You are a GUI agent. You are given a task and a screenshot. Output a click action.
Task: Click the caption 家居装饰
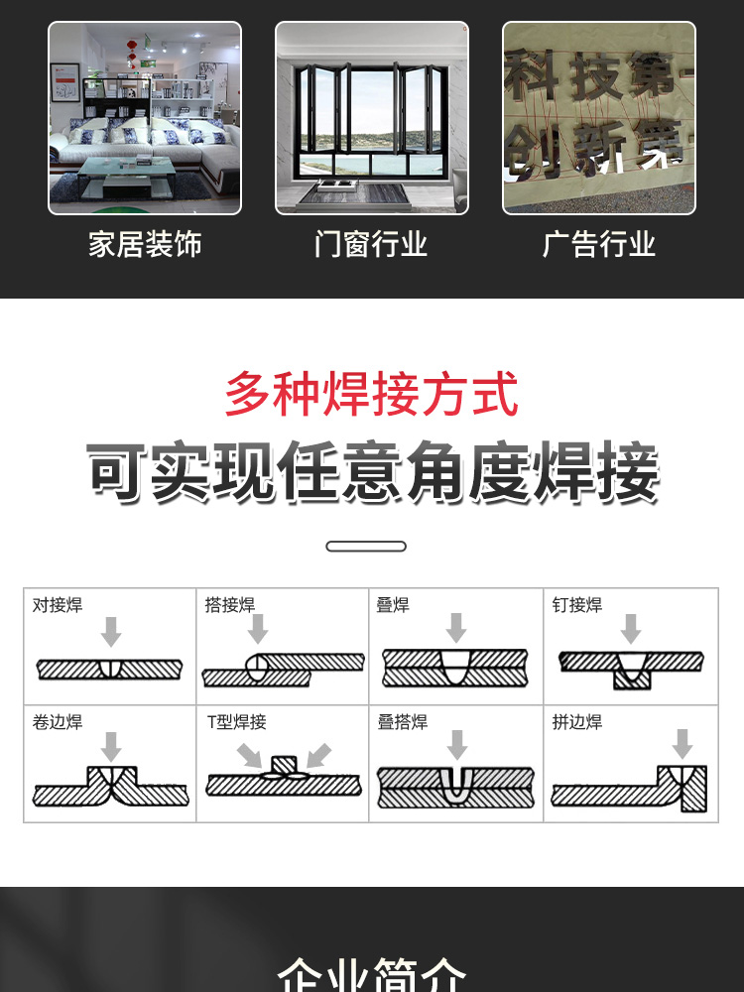(145, 244)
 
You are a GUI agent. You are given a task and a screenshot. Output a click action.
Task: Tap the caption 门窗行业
(371, 244)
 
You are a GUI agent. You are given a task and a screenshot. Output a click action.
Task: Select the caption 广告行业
(599, 244)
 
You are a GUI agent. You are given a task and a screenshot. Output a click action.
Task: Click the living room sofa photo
(145, 118)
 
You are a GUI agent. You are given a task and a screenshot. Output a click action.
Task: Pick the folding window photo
(372, 118)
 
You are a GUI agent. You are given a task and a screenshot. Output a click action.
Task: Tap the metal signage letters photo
(599, 118)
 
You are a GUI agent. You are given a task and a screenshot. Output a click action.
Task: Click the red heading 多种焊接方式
(371, 394)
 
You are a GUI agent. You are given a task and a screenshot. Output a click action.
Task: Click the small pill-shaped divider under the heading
(366, 547)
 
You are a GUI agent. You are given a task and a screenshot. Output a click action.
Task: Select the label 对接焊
(58, 605)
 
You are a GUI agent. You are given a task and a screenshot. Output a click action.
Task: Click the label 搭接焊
(230, 605)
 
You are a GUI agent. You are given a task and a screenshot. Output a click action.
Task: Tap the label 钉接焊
(577, 605)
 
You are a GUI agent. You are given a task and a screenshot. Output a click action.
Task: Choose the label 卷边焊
(58, 722)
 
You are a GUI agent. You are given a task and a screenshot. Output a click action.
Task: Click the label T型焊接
(237, 722)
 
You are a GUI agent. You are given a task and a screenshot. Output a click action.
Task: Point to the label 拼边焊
(577, 722)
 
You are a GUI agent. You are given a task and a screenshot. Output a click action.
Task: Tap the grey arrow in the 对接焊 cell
(111, 631)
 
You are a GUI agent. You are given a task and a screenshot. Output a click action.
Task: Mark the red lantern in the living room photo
(132, 47)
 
